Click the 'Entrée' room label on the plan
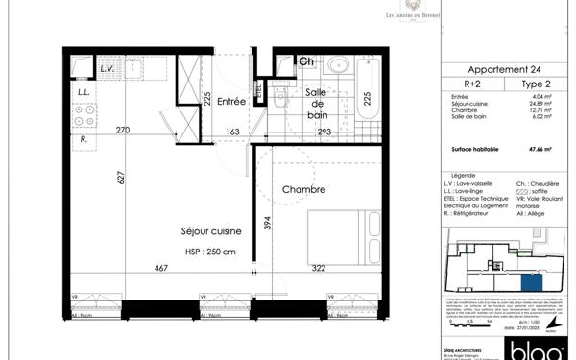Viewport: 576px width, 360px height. tap(231, 101)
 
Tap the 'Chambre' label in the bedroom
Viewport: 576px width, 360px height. tap(303, 189)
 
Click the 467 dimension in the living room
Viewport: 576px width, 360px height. tap(160, 270)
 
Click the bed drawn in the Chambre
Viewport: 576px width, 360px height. tap(342, 240)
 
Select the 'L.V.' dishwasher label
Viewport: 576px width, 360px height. tap(108, 69)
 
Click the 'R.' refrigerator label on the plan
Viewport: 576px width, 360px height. tap(85, 140)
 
